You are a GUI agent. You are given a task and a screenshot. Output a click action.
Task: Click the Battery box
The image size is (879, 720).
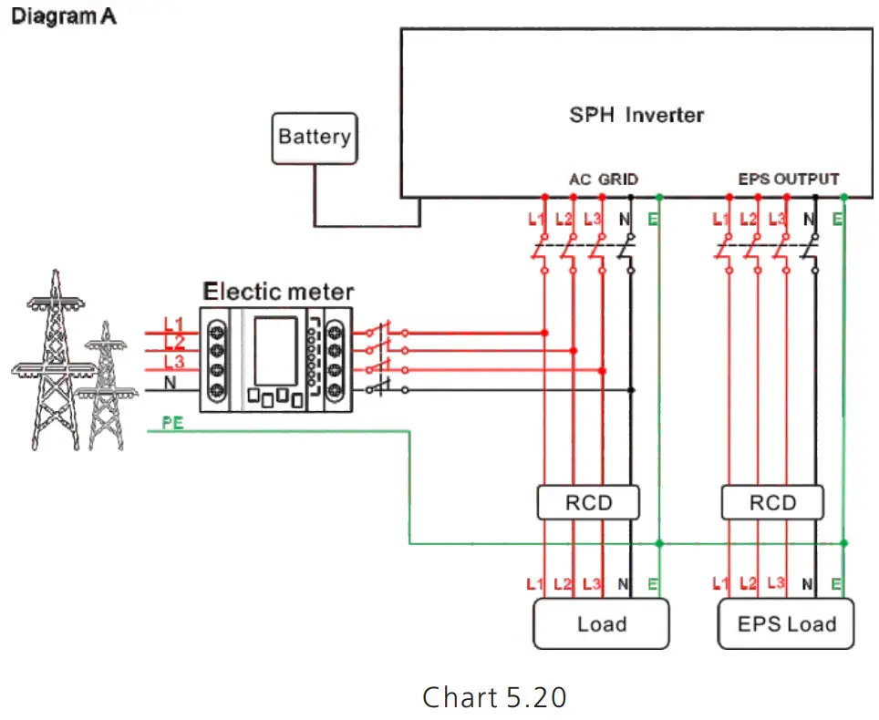(x=315, y=138)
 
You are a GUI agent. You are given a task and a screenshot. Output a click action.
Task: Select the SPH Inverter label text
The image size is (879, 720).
(x=636, y=115)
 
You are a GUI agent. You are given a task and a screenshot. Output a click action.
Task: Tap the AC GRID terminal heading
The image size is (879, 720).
(x=603, y=180)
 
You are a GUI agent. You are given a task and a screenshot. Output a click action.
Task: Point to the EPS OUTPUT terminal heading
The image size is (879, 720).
(x=788, y=180)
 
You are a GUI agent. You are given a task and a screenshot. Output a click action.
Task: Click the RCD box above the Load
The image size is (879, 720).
(x=588, y=502)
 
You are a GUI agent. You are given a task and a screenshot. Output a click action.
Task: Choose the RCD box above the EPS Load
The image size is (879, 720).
(x=771, y=502)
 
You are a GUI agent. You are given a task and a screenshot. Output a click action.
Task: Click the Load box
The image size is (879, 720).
(x=601, y=624)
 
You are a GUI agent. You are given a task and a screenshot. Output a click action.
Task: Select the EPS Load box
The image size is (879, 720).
(x=786, y=624)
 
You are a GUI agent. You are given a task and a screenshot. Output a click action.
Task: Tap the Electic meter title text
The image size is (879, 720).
(x=278, y=292)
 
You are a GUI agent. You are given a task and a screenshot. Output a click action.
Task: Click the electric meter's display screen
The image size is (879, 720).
(x=274, y=350)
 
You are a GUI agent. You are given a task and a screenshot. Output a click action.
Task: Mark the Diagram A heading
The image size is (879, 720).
(x=63, y=16)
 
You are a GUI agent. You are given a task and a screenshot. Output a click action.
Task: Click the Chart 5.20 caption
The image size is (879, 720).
(x=494, y=697)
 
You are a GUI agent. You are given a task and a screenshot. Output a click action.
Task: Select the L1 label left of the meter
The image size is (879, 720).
(x=174, y=325)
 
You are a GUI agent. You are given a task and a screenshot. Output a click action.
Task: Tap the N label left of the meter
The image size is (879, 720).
(x=170, y=383)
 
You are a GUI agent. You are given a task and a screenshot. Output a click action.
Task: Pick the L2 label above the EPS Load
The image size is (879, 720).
(x=748, y=582)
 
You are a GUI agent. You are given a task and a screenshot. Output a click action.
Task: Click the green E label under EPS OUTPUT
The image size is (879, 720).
(x=837, y=219)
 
